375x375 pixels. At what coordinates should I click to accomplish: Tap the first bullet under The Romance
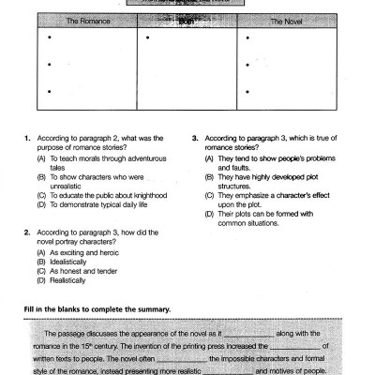49,38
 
